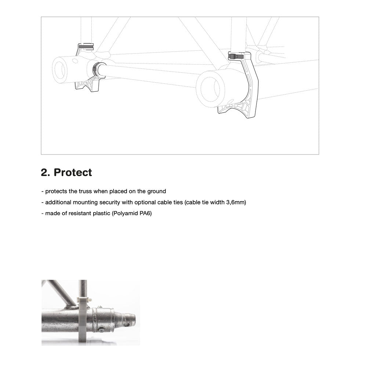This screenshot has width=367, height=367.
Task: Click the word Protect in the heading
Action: [73, 172]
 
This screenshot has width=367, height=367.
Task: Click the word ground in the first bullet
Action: [156, 191]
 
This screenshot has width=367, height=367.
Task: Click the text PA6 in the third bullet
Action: [145, 213]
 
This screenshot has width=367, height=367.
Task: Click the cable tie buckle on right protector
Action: [235, 56]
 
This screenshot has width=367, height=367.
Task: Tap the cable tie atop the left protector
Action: [86, 47]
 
